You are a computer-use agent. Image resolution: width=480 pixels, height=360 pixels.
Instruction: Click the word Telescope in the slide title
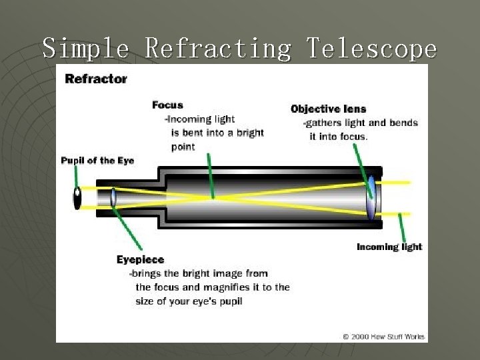(371, 49)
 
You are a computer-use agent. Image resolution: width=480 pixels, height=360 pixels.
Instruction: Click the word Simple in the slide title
(86, 49)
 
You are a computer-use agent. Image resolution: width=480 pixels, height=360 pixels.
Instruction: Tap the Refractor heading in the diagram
(95, 79)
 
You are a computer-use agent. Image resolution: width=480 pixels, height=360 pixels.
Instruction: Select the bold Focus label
(167, 105)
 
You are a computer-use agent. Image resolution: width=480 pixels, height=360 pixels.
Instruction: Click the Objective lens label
(328, 109)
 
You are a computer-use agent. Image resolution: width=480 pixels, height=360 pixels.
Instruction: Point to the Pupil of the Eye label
(97, 161)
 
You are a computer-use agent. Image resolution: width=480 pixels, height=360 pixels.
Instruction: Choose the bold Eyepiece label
(140, 259)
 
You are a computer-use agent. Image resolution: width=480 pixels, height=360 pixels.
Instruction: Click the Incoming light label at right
(389, 247)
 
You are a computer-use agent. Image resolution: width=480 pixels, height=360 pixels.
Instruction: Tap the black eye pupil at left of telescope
(77, 198)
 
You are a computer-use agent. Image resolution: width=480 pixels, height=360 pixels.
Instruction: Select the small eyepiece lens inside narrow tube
(113, 197)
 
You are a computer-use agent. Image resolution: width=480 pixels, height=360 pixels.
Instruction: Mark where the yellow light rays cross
(213, 197)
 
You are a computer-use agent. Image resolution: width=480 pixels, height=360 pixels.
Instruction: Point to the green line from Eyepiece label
(128, 230)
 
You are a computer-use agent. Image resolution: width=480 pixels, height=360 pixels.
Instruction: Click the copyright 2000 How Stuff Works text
(383, 337)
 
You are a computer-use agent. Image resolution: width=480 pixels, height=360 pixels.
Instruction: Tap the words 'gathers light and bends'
(361, 123)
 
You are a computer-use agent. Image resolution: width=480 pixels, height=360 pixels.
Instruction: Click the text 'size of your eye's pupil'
(189, 301)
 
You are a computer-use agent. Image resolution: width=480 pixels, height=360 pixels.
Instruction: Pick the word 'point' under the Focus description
(183, 147)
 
